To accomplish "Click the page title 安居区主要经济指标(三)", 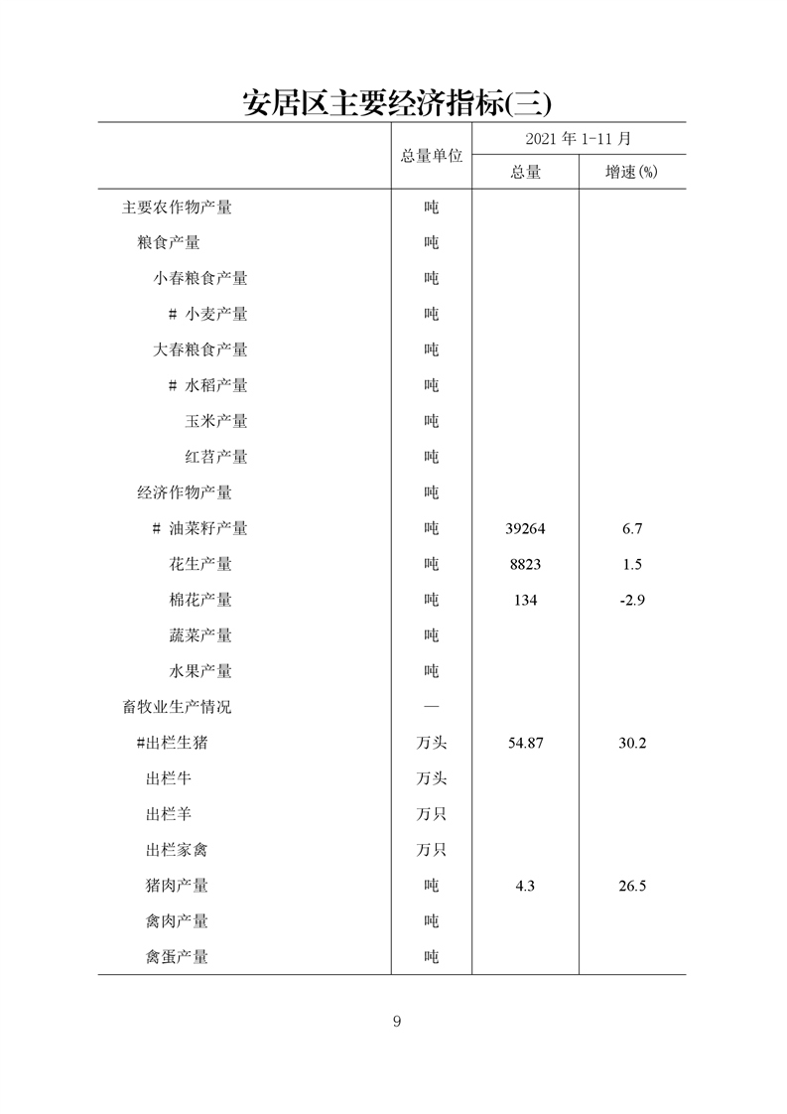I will point(396,102).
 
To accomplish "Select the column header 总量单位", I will point(432,156).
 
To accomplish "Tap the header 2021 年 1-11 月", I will point(579,139).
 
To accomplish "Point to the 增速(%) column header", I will point(632,173).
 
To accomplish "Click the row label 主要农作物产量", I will point(177,208).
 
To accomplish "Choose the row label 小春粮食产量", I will point(200,279).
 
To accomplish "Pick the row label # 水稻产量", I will point(207,386).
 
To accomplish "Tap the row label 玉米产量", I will point(216,422).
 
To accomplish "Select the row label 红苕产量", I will point(216,458).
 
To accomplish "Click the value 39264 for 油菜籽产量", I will point(525,529).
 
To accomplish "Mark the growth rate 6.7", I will point(632,529).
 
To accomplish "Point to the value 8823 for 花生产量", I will point(525,565).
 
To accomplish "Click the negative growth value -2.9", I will point(632,601).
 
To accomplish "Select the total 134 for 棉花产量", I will point(525,601).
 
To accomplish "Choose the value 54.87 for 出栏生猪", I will point(525,744).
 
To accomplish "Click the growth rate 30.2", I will point(632,744).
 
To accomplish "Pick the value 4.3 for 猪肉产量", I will point(525,887).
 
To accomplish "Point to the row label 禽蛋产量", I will point(177,958).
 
